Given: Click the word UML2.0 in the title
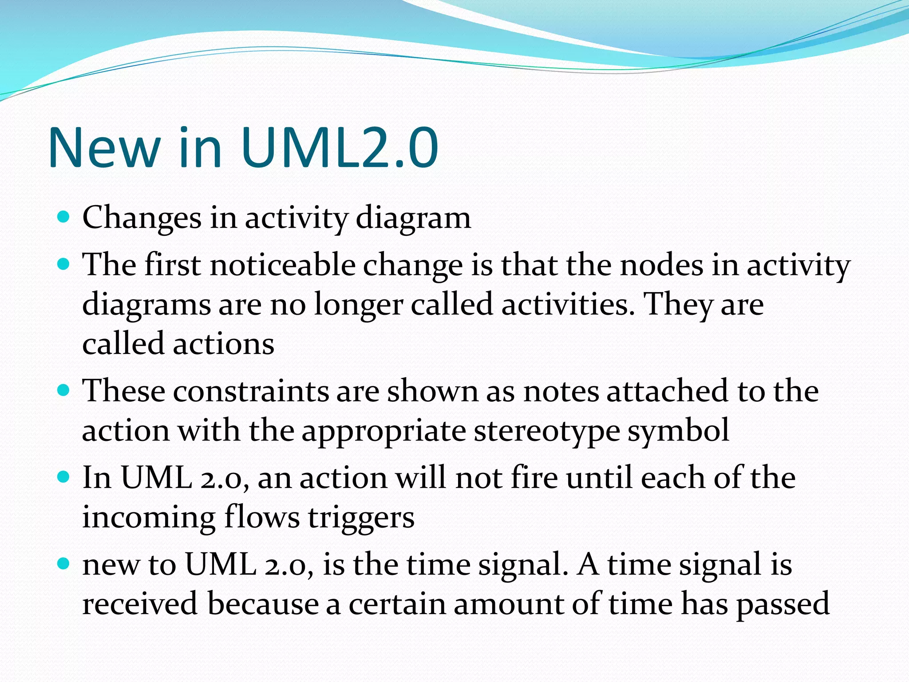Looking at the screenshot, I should (340, 147).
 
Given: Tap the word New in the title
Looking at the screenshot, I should (104, 147).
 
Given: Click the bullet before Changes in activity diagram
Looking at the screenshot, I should (64, 217).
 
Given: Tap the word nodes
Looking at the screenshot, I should (661, 265).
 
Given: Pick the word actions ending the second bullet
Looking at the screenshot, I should (223, 344).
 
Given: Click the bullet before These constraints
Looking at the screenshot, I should (64, 390).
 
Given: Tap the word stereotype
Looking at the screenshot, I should (546, 431).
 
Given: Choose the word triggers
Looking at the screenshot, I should (361, 518).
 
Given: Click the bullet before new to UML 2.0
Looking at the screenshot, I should (64, 564).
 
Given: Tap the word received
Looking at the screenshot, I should (140, 604).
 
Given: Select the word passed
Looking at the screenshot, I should (783, 604).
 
